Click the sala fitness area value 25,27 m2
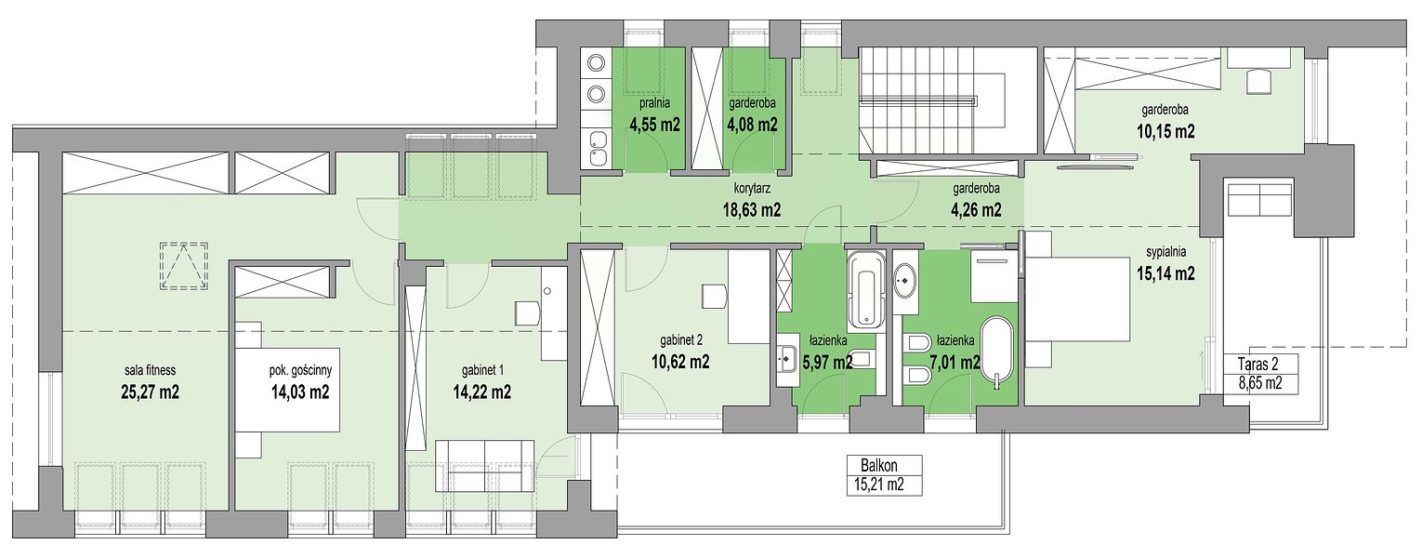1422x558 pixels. (x=150, y=392)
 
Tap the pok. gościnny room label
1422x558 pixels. (x=300, y=370)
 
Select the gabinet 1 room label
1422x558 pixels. (x=482, y=370)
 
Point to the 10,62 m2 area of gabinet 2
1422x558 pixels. (x=680, y=362)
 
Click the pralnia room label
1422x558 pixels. (x=654, y=103)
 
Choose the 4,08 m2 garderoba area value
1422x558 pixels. (x=752, y=124)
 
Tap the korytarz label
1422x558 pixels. (x=752, y=188)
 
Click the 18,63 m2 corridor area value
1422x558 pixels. (x=752, y=210)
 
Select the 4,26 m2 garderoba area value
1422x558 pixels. (x=976, y=210)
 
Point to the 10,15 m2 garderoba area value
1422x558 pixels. (x=1165, y=131)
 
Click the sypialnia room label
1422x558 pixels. (x=1166, y=252)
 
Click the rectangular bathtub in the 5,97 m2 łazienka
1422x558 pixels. (x=866, y=290)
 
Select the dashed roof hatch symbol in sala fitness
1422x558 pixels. (x=184, y=266)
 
